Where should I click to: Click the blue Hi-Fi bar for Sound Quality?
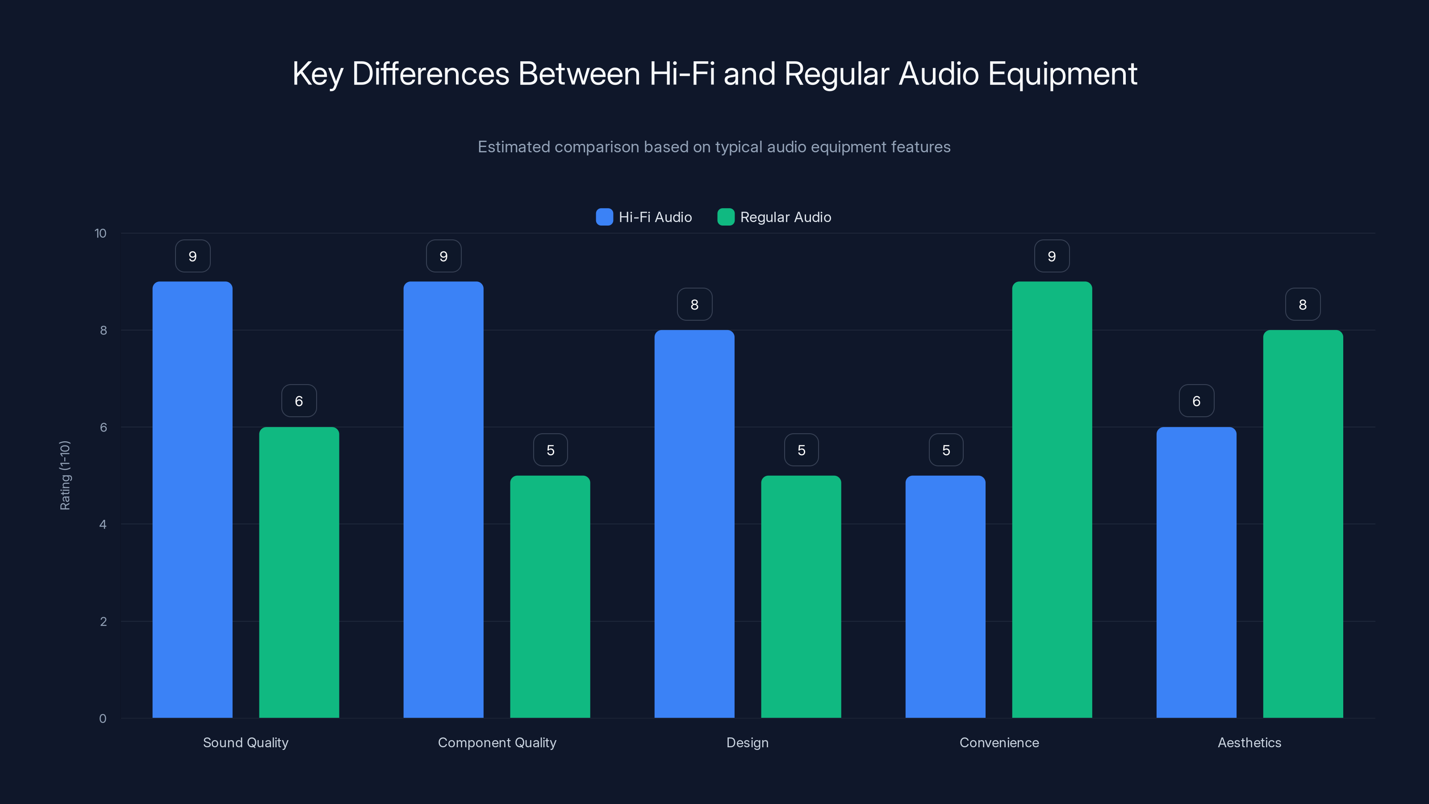(192, 499)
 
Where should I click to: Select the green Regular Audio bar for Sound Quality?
(299, 572)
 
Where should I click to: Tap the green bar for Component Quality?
(550, 596)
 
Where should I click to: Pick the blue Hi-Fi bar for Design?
(694, 524)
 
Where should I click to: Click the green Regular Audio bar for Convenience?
(1052, 499)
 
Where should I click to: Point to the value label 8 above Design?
(694, 304)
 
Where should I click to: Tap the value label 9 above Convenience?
(1052, 256)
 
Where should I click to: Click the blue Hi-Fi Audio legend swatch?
(604, 217)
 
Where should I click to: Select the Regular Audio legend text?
(785, 217)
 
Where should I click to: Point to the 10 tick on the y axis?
(100, 233)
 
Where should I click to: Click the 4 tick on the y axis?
(103, 524)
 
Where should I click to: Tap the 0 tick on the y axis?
(103, 719)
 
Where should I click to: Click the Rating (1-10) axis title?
(65, 475)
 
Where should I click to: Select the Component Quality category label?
(497, 742)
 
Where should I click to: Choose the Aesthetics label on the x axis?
(1249, 742)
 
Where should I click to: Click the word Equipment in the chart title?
(1062, 74)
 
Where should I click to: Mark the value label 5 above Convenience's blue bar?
(946, 450)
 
